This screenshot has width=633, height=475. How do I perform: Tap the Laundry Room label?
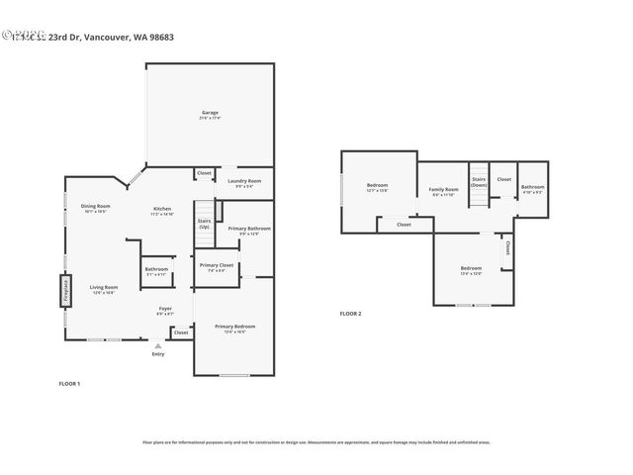click(243, 181)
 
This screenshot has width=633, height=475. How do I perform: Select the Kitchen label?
click(162, 210)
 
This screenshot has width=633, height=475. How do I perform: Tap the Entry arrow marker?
click(158, 345)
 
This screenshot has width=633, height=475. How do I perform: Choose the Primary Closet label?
click(216, 265)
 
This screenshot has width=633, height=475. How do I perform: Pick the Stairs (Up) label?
click(204, 224)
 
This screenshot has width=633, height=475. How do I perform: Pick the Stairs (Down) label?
click(479, 182)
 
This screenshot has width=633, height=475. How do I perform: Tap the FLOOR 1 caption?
click(69, 383)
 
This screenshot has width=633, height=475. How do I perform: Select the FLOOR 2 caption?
click(351, 314)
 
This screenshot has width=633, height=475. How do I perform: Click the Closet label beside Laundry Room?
click(204, 173)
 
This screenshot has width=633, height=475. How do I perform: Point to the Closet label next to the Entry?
click(181, 332)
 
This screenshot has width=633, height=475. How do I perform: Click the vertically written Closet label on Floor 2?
click(507, 247)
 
